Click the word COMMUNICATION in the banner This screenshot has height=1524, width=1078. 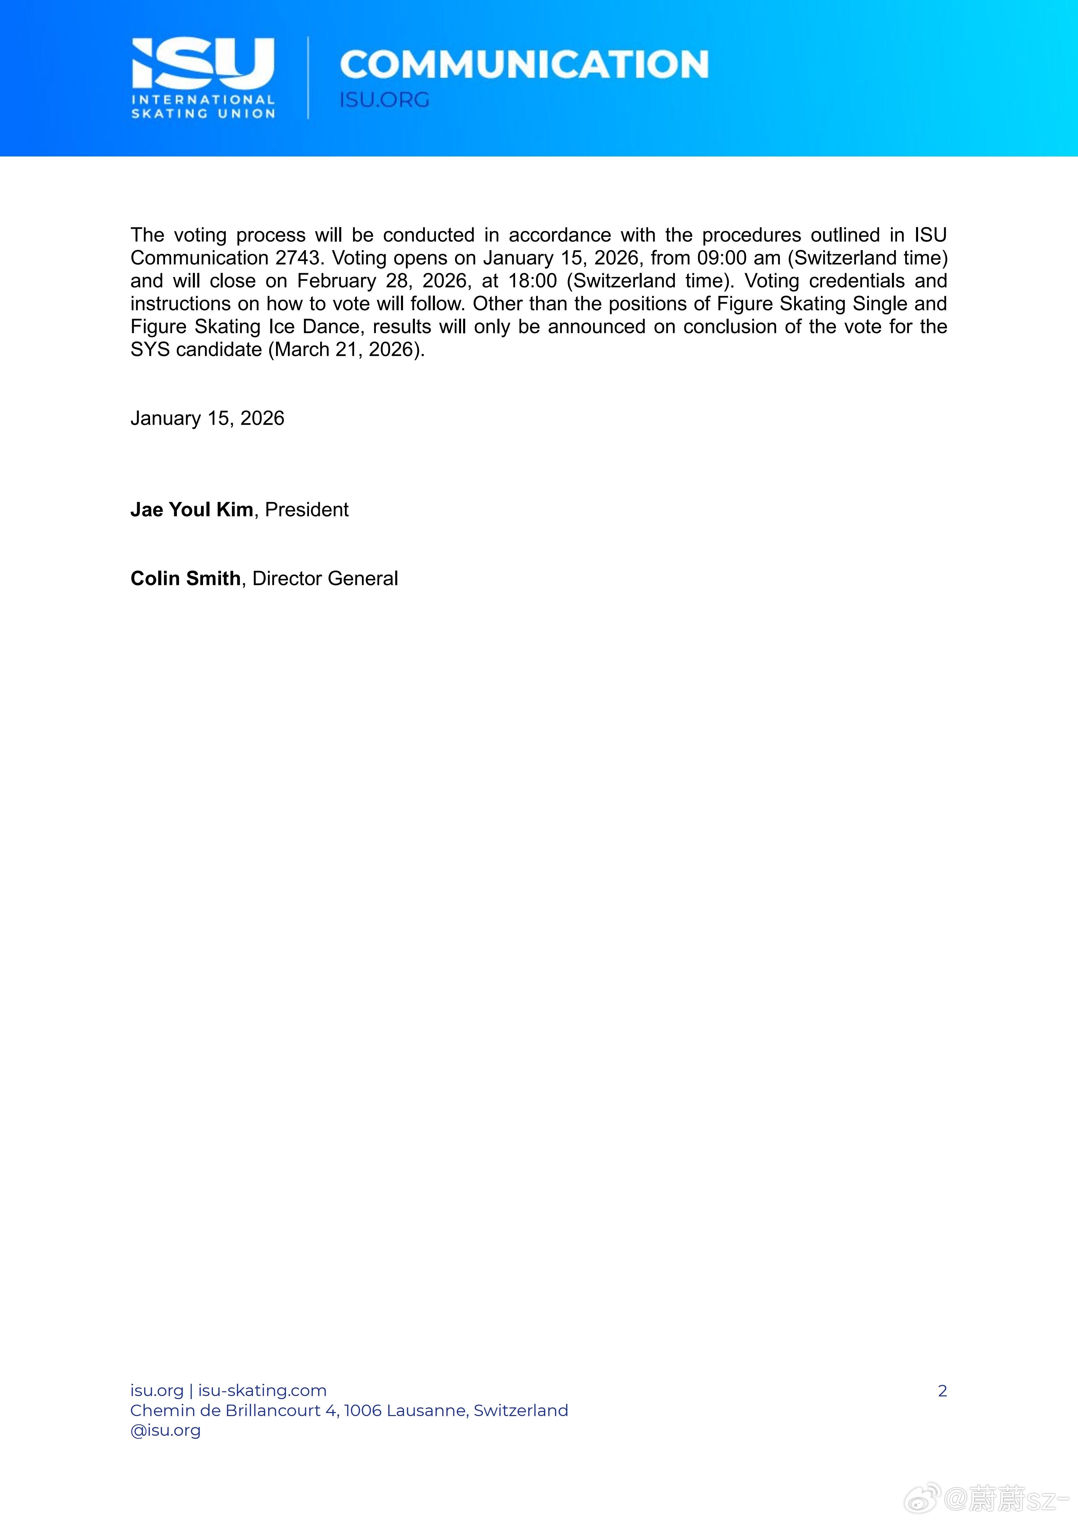524,64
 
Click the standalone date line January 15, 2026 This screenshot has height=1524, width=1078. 207,418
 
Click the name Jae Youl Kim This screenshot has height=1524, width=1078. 191,510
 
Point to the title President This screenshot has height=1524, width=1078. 307,510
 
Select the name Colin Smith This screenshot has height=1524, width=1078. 185,579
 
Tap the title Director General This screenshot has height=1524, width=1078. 325,579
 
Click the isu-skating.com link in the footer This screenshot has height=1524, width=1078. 262,1391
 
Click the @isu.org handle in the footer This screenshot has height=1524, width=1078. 165,1430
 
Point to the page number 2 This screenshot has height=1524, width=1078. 942,1391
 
